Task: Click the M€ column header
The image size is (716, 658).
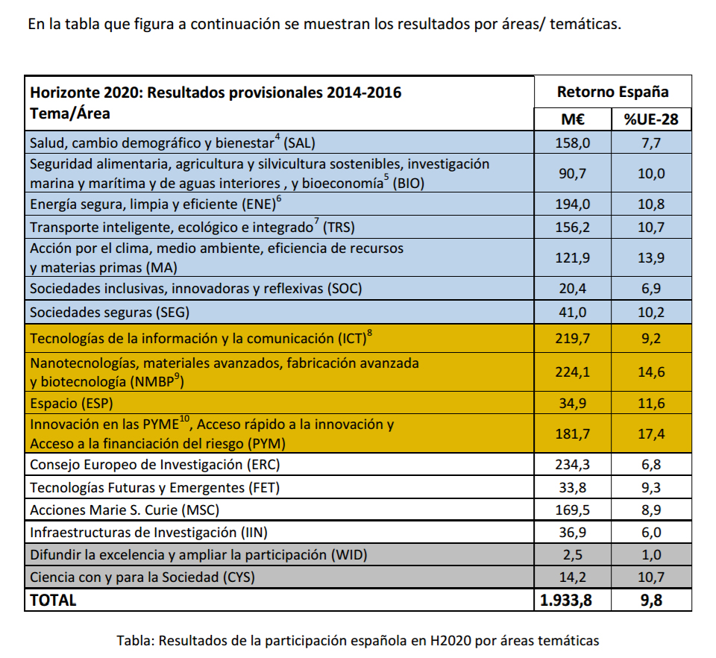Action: pyautogui.click(x=573, y=119)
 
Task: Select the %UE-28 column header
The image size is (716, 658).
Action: pyautogui.click(x=651, y=119)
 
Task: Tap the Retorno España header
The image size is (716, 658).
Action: pyautogui.click(x=613, y=92)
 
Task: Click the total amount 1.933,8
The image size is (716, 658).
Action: pyautogui.click(x=566, y=600)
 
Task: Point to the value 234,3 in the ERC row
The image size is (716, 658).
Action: pyautogui.click(x=573, y=464)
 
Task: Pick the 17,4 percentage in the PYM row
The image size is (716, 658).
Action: pyautogui.click(x=651, y=433)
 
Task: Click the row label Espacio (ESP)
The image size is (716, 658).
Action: pyautogui.click(x=72, y=404)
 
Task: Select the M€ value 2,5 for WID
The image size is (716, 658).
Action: pyautogui.click(x=573, y=555)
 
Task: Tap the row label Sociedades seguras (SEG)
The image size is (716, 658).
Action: pyautogui.click(x=110, y=313)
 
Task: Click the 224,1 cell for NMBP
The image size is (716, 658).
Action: pyautogui.click(x=573, y=372)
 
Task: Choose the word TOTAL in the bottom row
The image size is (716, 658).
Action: pyautogui.click(x=53, y=600)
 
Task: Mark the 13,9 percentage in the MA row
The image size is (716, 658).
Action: pyautogui.click(x=651, y=257)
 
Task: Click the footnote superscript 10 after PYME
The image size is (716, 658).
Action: pyautogui.click(x=184, y=419)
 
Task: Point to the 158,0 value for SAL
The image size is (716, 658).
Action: pyautogui.click(x=573, y=143)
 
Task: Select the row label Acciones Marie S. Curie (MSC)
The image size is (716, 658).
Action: pyautogui.click(x=125, y=510)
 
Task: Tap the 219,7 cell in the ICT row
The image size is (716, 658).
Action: pyautogui.click(x=573, y=339)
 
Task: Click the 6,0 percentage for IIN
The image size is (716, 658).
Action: pyautogui.click(x=651, y=533)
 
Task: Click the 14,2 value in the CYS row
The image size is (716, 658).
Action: pyautogui.click(x=573, y=577)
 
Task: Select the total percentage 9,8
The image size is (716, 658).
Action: pyautogui.click(x=651, y=600)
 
